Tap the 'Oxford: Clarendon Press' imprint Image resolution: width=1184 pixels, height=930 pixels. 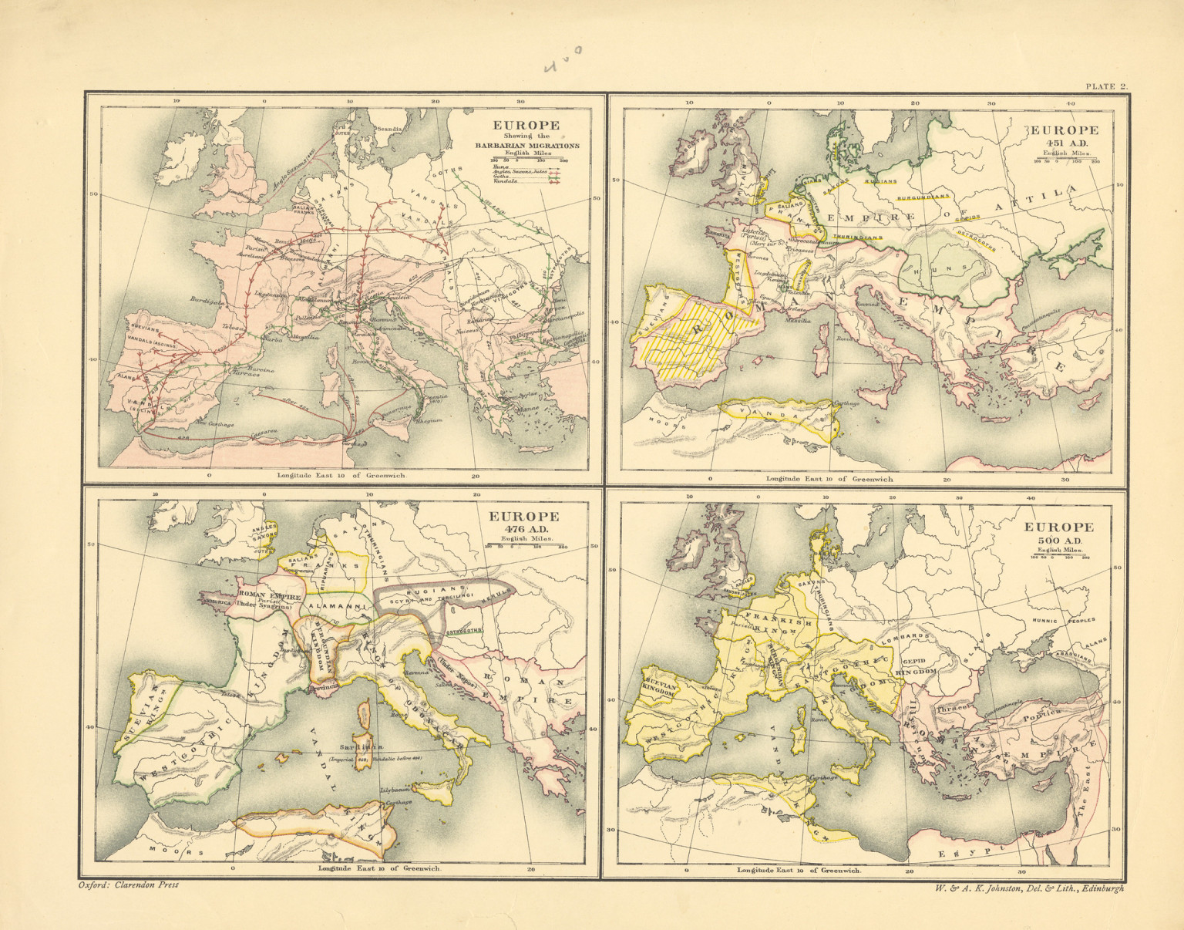click(129, 885)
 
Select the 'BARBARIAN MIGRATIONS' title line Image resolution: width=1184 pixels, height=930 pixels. click(527, 145)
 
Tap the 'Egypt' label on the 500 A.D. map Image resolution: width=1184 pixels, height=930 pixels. click(964, 851)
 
